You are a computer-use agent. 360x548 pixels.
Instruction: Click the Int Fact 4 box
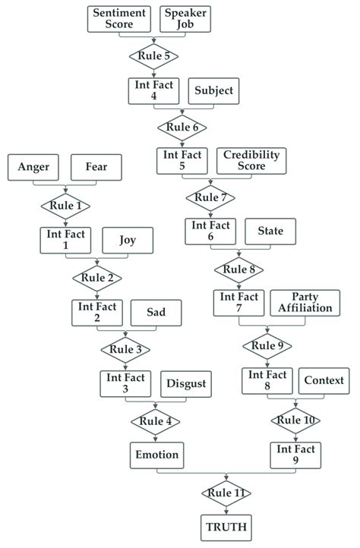[x=152, y=91]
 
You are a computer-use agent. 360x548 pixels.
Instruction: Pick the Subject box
[x=214, y=91]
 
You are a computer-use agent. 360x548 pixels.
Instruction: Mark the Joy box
[x=128, y=241]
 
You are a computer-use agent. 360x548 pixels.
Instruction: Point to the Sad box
[x=156, y=313]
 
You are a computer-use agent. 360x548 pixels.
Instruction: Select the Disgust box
[x=185, y=384]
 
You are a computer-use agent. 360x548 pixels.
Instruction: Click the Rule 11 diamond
[x=228, y=493]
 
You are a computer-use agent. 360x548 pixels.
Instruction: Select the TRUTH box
[x=228, y=527]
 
